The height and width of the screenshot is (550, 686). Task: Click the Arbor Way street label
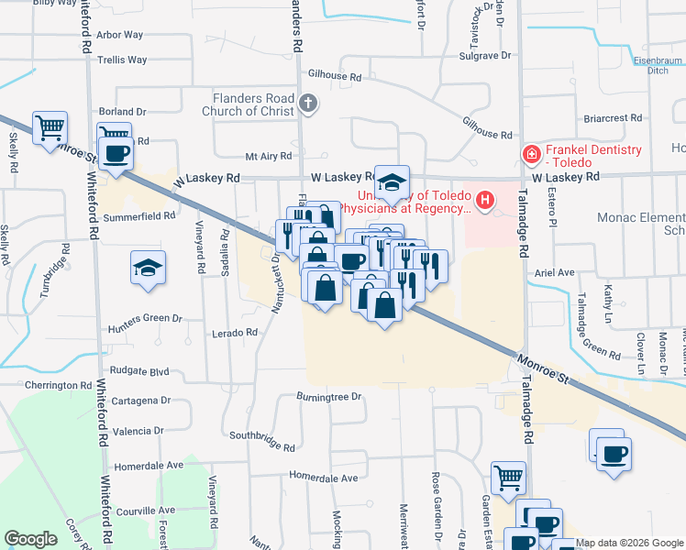119,35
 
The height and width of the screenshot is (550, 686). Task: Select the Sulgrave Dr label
484,56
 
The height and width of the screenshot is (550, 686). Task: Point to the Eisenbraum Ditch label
658,65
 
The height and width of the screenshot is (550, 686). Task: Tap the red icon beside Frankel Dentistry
530,155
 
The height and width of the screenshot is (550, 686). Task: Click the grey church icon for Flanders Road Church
309,104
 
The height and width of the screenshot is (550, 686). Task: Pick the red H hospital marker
485,199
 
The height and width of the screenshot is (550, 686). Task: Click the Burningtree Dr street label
329,397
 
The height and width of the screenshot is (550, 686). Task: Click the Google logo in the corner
30,539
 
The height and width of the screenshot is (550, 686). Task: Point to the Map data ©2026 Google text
629,543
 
